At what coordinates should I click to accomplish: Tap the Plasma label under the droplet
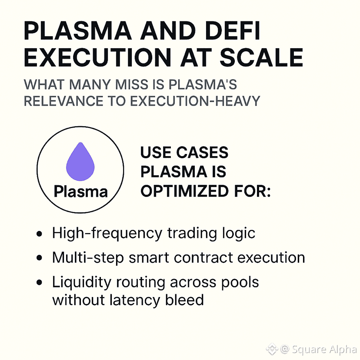pyautogui.click(x=80, y=191)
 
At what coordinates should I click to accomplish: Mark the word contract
pyautogui.click(x=204, y=257)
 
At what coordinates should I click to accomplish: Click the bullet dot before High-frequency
pyautogui.click(x=40, y=234)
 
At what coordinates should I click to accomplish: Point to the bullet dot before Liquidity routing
pyautogui.click(x=40, y=283)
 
